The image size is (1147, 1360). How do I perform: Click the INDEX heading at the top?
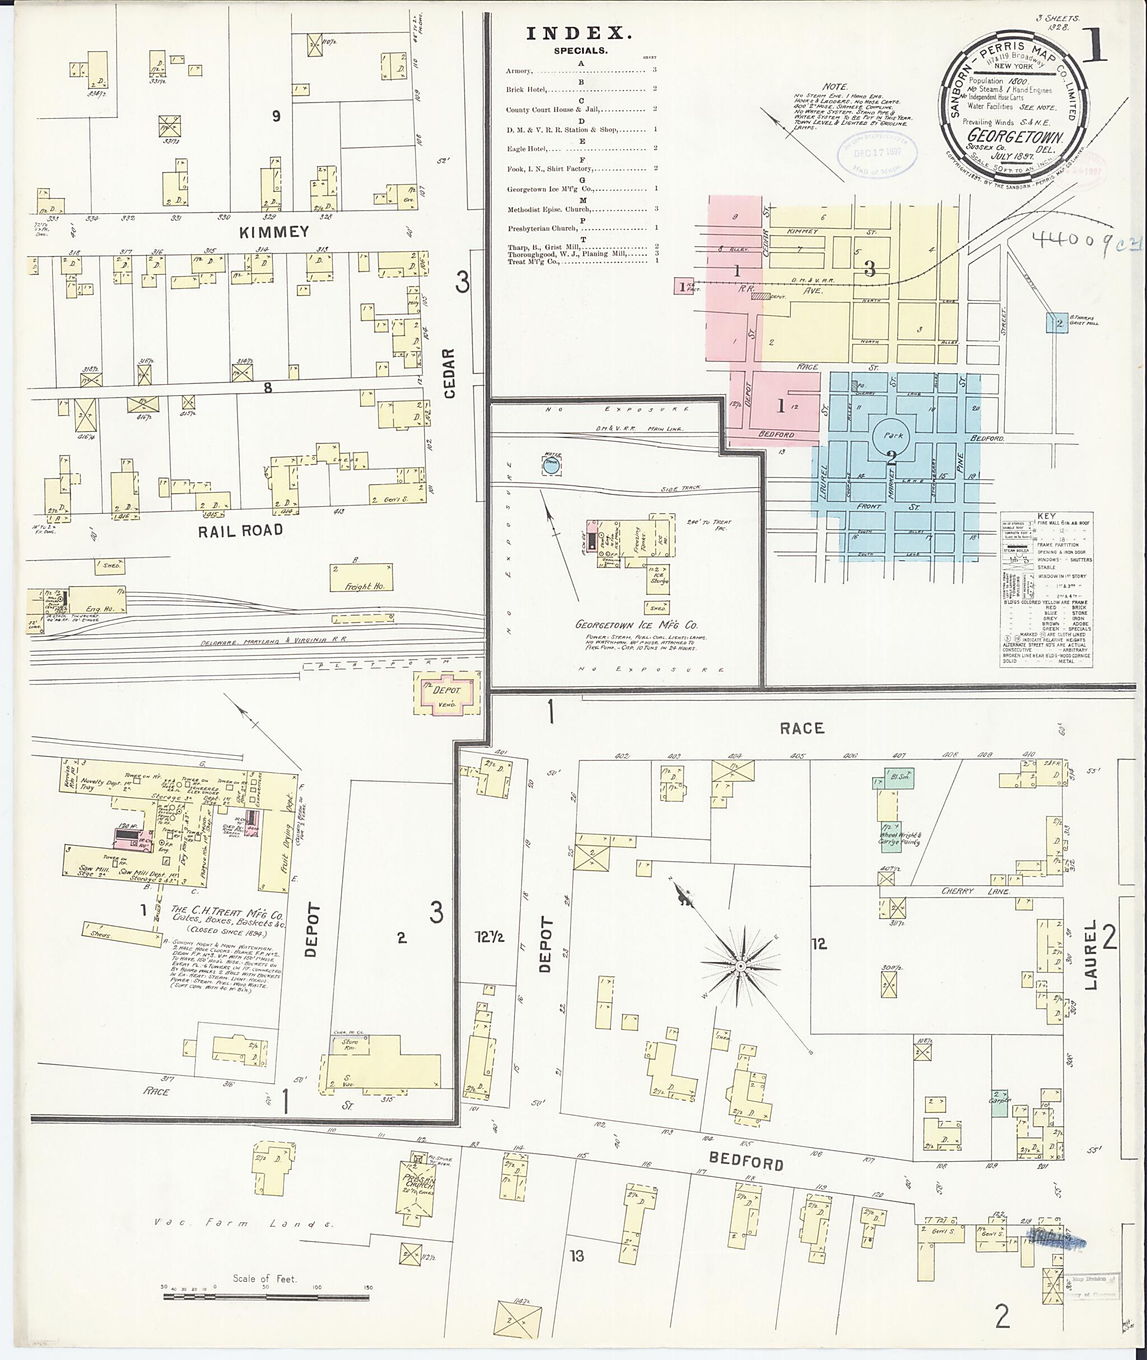pyautogui.click(x=578, y=34)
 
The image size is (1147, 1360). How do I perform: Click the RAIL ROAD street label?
pyautogui.click(x=241, y=530)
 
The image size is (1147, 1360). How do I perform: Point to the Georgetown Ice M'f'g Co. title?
pyautogui.click(x=636, y=625)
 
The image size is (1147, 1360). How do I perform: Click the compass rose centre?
pyautogui.click(x=740, y=967)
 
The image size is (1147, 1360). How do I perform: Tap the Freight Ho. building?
pyautogui.click(x=361, y=577)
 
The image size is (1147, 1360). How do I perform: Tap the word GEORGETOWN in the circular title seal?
pyautogui.click(x=1014, y=137)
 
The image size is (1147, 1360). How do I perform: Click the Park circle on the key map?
pyautogui.click(x=892, y=436)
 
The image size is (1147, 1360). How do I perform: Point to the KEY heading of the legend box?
pyautogui.click(x=1046, y=516)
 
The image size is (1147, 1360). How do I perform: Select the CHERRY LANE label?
pyautogui.click(x=975, y=891)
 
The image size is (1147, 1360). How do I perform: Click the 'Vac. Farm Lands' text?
pyautogui.click(x=244, y=1223)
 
